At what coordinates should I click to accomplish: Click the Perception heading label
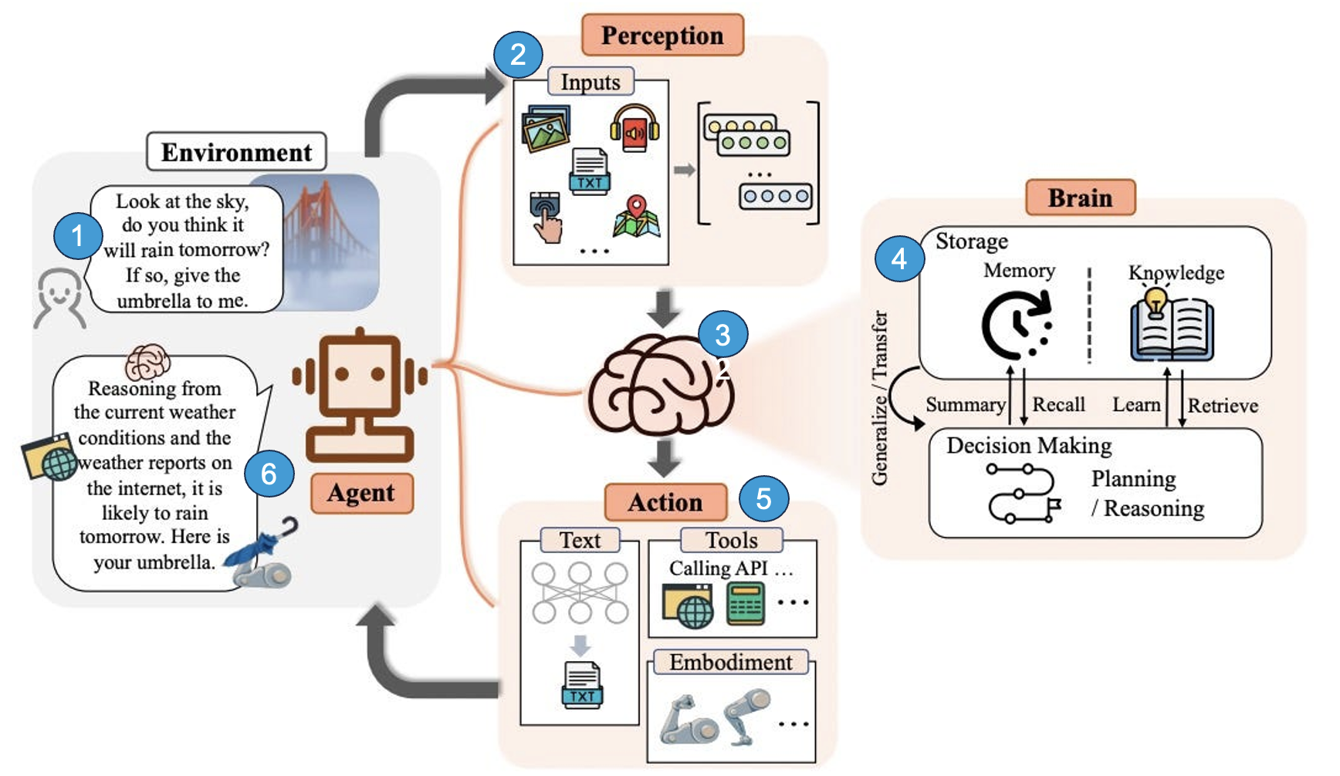pyautogui.click(x=662, y=35)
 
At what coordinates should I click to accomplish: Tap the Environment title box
pyautogui.click(x=236, y=152)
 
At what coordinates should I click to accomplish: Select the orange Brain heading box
pyautogui.click(x=1080, y=197)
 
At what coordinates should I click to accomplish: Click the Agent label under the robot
pyautogui.click(x=361, y=493)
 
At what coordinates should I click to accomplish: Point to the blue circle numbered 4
pyautogui.click(x=899, y=258)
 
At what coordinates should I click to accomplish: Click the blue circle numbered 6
pyautogui.click(x=269, y=473)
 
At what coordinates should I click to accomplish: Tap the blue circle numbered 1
pyautogui.click(x=77, y=235)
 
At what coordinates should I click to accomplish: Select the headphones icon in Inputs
pyautogui.click(x=634, y=128)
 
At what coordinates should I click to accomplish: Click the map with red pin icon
pyautogui.click(x=637, y=217)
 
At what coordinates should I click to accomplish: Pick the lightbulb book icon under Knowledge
pyautogui.click(x=1172, y=325)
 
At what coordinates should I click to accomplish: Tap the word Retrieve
pyautogui.click(x=1223, y=406)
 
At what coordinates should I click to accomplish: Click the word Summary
pyautogui.click(x=965, y=405)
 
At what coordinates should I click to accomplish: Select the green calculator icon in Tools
pyautogui.click(x=746, y=604)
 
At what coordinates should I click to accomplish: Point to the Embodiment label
pyautogui.click(x=730, y=663)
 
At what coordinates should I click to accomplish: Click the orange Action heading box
pyautogui.click(x=665, y=502)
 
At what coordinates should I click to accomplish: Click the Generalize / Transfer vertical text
pyautogui.click(x=880, y=397)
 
